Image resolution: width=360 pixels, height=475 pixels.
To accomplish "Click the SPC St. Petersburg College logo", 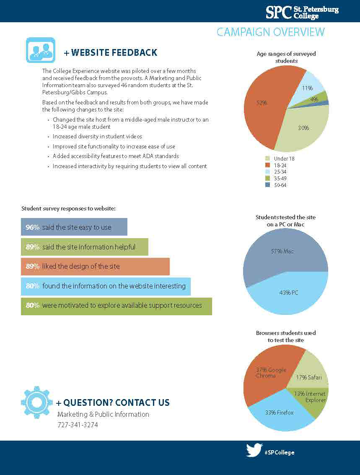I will coord(302,12).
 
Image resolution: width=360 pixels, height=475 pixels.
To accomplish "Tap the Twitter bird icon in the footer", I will coord(254,450).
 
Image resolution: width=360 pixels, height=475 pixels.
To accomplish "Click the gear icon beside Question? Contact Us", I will coord(36,402).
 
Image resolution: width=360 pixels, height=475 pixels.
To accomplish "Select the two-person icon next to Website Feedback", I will coord(40,50).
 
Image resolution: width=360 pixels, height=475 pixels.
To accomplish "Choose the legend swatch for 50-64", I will coord(267,185).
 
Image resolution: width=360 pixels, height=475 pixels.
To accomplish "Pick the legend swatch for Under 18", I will coord(267,158).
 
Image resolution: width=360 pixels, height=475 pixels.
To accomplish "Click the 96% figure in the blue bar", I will coord(32,227).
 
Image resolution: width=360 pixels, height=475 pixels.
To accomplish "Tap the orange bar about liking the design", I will coord(95,267).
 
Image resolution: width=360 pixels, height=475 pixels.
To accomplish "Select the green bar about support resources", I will coord(116,306).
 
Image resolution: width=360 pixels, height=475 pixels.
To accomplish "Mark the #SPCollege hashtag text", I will coord(279,452).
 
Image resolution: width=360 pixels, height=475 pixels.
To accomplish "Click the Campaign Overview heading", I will coord(270,32).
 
